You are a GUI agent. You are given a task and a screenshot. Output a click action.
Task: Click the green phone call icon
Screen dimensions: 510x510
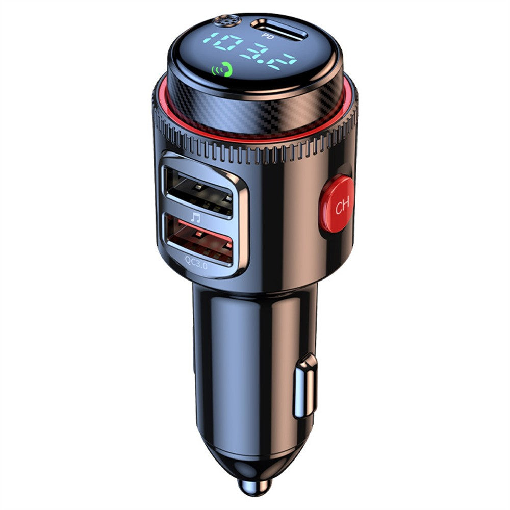pos(223,70)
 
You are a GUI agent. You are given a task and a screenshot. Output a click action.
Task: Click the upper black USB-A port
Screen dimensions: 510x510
pos(197,190)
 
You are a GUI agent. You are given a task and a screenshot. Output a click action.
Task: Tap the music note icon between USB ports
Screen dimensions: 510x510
pos(196,217)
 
